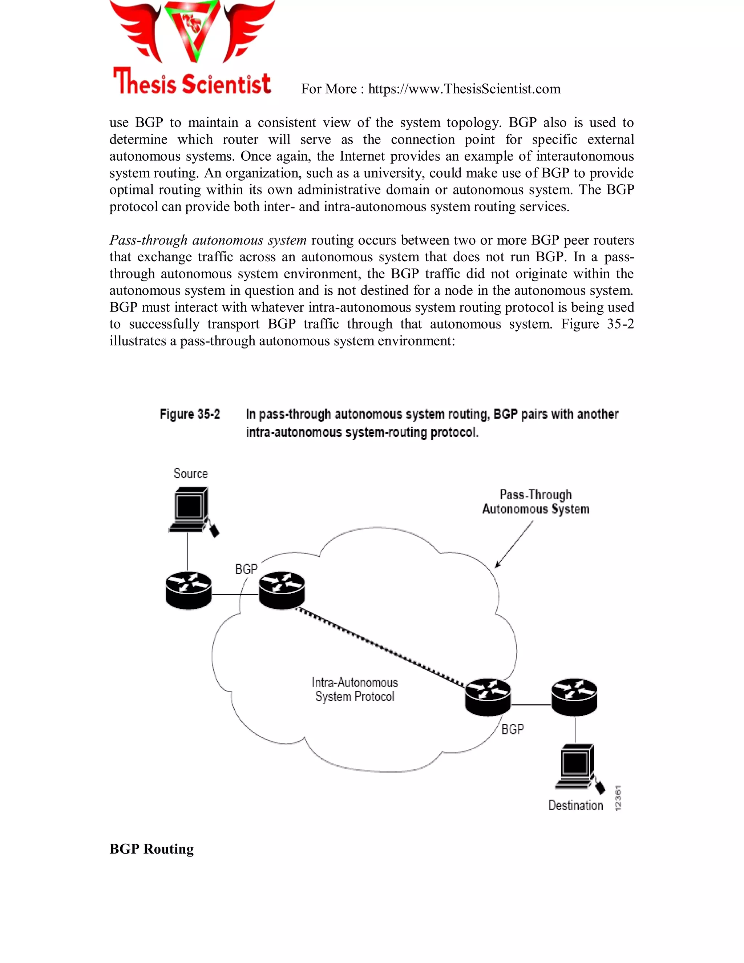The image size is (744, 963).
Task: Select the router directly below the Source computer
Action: point(188,591)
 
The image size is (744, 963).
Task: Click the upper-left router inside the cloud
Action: point(282,591)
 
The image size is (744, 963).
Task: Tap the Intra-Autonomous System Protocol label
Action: point(355,689)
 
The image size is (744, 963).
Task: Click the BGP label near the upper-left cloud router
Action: point(246,569)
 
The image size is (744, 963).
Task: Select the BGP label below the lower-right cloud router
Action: point(513,729)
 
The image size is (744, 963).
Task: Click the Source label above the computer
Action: point(190,474)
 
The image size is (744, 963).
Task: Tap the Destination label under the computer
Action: point(575,805)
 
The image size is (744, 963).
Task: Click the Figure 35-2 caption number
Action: point(190,414)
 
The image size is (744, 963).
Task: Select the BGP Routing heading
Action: point(151,849)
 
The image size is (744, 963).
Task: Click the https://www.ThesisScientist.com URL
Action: point(464,89)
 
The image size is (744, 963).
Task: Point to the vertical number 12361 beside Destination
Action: point(618,797)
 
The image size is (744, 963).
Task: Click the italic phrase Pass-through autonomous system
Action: point(207,240)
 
